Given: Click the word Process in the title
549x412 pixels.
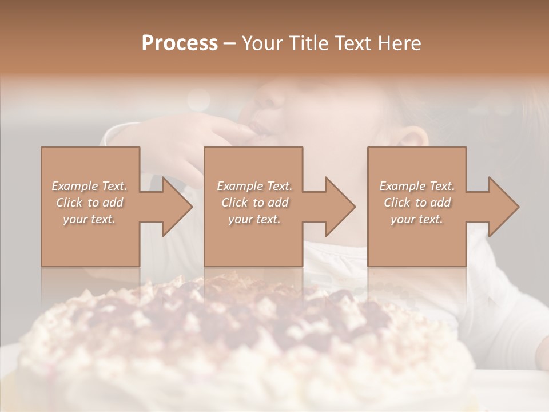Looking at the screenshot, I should [180, 43].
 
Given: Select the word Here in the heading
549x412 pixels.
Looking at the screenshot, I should [400, 43].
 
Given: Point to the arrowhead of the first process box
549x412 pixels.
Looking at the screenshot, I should [177, 207].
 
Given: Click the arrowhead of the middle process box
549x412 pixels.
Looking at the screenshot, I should [340, 207].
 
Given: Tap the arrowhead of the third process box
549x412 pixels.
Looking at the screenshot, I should [504, 207].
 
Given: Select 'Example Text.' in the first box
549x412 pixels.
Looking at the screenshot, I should [90, 186].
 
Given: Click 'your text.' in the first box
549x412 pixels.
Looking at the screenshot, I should [89, 219].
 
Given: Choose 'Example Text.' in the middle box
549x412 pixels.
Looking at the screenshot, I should [254, 186].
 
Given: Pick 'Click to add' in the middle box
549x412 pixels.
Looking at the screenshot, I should [254, 203].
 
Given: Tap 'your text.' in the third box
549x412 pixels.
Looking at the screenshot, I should [417, 219].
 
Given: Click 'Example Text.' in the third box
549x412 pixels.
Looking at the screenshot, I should [417, 186].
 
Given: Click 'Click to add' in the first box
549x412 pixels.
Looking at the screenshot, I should [90, 203].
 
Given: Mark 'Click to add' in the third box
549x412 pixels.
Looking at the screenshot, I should [417, 203].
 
